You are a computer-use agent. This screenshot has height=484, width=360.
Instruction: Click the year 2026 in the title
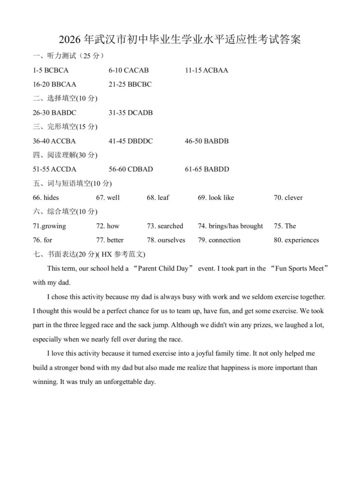(x=70, y=40)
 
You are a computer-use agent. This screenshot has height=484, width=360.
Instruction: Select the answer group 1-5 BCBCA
(x=51, y=70)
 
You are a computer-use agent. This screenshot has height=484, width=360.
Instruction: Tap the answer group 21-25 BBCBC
(x=130, y=84)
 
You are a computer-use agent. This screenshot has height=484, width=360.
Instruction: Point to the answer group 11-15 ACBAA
(x=207, y=70)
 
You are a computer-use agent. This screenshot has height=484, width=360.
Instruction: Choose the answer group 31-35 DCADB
(x=131, y=113)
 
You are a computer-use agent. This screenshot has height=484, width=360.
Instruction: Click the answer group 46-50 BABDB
(x=207, y=141)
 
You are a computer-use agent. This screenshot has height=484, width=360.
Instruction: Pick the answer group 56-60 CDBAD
(x=131, y=169)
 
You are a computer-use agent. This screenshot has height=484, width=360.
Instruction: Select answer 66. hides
(x=46, y=198)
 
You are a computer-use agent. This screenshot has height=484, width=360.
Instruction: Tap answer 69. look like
(x=216, y=198)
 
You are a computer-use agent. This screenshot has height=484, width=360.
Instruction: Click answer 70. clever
(x=288, y=198)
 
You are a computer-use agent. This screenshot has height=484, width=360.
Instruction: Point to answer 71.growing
(x=49, y=226)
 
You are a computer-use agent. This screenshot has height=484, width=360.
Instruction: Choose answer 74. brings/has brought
(x=230, y=226)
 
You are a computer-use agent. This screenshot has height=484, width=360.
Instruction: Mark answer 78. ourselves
(x=166, y=240)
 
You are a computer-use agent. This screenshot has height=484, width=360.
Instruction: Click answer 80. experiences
(x=296, y=240)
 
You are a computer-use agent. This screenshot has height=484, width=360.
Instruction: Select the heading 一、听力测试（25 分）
(x=68, y=56)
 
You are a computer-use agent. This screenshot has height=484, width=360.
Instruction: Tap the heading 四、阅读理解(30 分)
(x=65, y=155)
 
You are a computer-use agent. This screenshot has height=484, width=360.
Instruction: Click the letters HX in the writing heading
(x=107, y=255)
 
